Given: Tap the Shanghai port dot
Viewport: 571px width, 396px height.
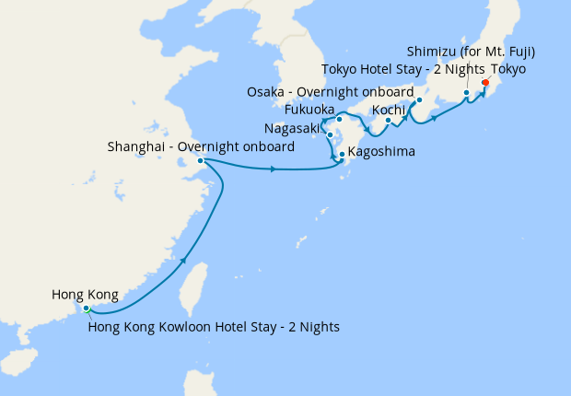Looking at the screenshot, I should (x=200, y=161).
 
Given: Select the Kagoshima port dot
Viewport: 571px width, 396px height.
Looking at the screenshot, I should (x=342, y=154).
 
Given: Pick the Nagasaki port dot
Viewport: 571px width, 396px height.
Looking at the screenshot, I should (x=330, y=135).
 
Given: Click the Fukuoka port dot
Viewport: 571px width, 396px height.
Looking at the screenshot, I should (x=339, y=119).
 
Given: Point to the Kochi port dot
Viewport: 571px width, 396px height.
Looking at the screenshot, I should (x=388, y=120).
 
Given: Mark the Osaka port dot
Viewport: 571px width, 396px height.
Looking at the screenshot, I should (x=419, y=100).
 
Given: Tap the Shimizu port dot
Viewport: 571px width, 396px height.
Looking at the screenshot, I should (x=467, y=93).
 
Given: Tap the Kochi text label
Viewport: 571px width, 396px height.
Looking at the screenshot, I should (x=389, y=111).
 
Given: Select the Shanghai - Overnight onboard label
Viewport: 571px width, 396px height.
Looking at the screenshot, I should (x=201, y=146).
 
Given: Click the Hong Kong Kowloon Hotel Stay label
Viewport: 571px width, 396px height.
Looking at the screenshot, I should (x=214, y=326).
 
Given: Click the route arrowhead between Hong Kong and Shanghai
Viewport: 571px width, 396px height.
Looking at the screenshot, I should (x=184, y=261).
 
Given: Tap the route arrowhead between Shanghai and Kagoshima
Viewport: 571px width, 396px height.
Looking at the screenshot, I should (x=274, y=169).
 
